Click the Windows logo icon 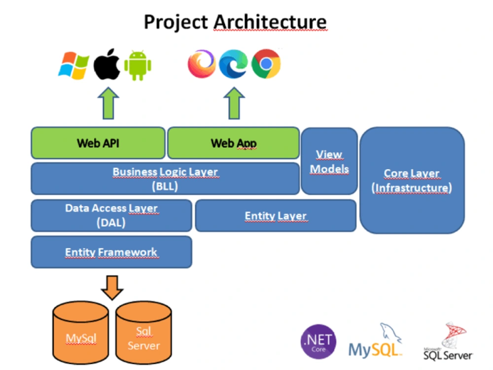coord(74,65)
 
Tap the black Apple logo coord(107,65)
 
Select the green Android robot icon coord(138,66)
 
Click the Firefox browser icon coord(202,64)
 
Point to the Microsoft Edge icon coord(233,64)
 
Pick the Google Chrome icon coord(266,64)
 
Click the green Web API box coord(98,143)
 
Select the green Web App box coord(233,143)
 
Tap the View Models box coord(329,161)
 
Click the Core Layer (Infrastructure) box coord(412,180)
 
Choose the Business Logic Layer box coord(165,179)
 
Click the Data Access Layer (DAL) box coord(111,216)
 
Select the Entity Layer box coord(276,216)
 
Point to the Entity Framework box coord(111,252)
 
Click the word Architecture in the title coord(270,22)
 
